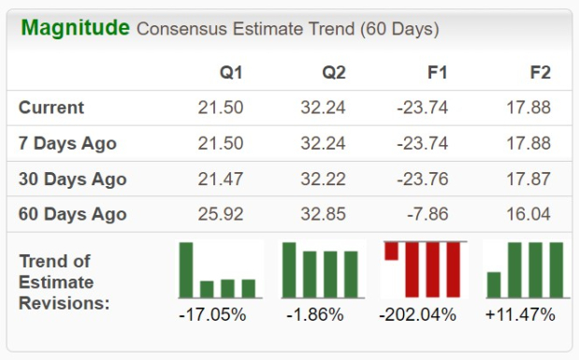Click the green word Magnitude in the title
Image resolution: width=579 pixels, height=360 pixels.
pyautogui.click(x=76, y=28)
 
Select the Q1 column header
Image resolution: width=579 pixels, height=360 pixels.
pyautogui.click(x=231, y=72)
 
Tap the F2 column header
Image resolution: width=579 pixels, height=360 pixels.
pyautogui.click(x=541, y=72)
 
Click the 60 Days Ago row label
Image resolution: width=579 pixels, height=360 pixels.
pyautogui.click(x=73, y=214)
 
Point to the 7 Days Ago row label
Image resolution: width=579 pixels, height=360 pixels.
pyautogui.click(x=67, y=143)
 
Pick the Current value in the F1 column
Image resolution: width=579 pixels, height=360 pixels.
pyautogui.click(x=423, y=108)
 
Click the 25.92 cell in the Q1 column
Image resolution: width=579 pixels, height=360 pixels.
pyautogui.click(x=221, y=214)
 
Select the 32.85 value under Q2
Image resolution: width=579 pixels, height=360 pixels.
pyautogui.click(x=323, y=214)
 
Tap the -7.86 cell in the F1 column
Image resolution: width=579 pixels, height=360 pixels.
pyautogui.click(x=427, y=214)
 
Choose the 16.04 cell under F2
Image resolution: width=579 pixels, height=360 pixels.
pyautogui.click(x=528, y=214)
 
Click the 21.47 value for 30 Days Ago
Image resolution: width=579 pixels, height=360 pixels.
pyautogui.click(x=221, y=180)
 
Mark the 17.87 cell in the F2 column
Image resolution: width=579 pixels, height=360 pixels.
pyautogui.click(x=528, y=180)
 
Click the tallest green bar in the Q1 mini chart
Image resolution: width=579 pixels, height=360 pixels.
pyautogui.click(x=186, y=270)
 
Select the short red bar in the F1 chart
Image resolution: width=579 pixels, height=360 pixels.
pyautogui.click(x=391, y=252)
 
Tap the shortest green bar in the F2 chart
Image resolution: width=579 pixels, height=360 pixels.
pyautogui.click(x=494, y=284)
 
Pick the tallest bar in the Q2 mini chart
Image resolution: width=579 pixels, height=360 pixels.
pyautogui.click(x=289, y=270)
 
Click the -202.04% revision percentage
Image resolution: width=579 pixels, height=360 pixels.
pyautogui.click(x=417, y=315)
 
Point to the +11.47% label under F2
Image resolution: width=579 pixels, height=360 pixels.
pyautogui.click(x=520, y=315)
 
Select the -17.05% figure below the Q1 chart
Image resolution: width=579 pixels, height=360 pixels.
pyautogui.click(x=212, y=315)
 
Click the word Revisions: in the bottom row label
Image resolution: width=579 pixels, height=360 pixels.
pyautogui.click(x=65, y=304)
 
